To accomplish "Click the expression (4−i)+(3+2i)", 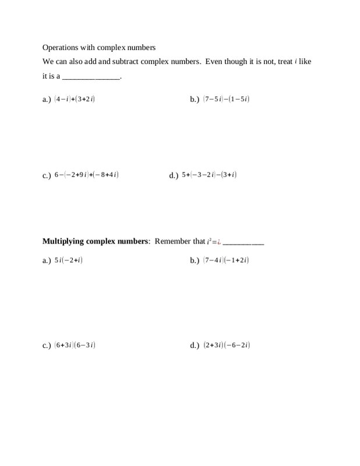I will pyautogui.click(x=75, y=99).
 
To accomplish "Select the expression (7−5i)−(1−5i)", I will pyautogui.click(x=226, y=99).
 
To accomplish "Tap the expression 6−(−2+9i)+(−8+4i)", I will pyautogui.click(x=87, y=174).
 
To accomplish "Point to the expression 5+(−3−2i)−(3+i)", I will pyautogui.click(x=209, y=174).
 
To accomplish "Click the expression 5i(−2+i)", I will pyautogui.click(x=68, y=260).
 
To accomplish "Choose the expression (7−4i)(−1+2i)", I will pyautogui.click(x=226, y=260).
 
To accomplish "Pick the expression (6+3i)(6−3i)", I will pyautogui.click(x=75, y=345).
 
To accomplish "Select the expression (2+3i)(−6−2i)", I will pyautogui.click(x=227, y=345).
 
